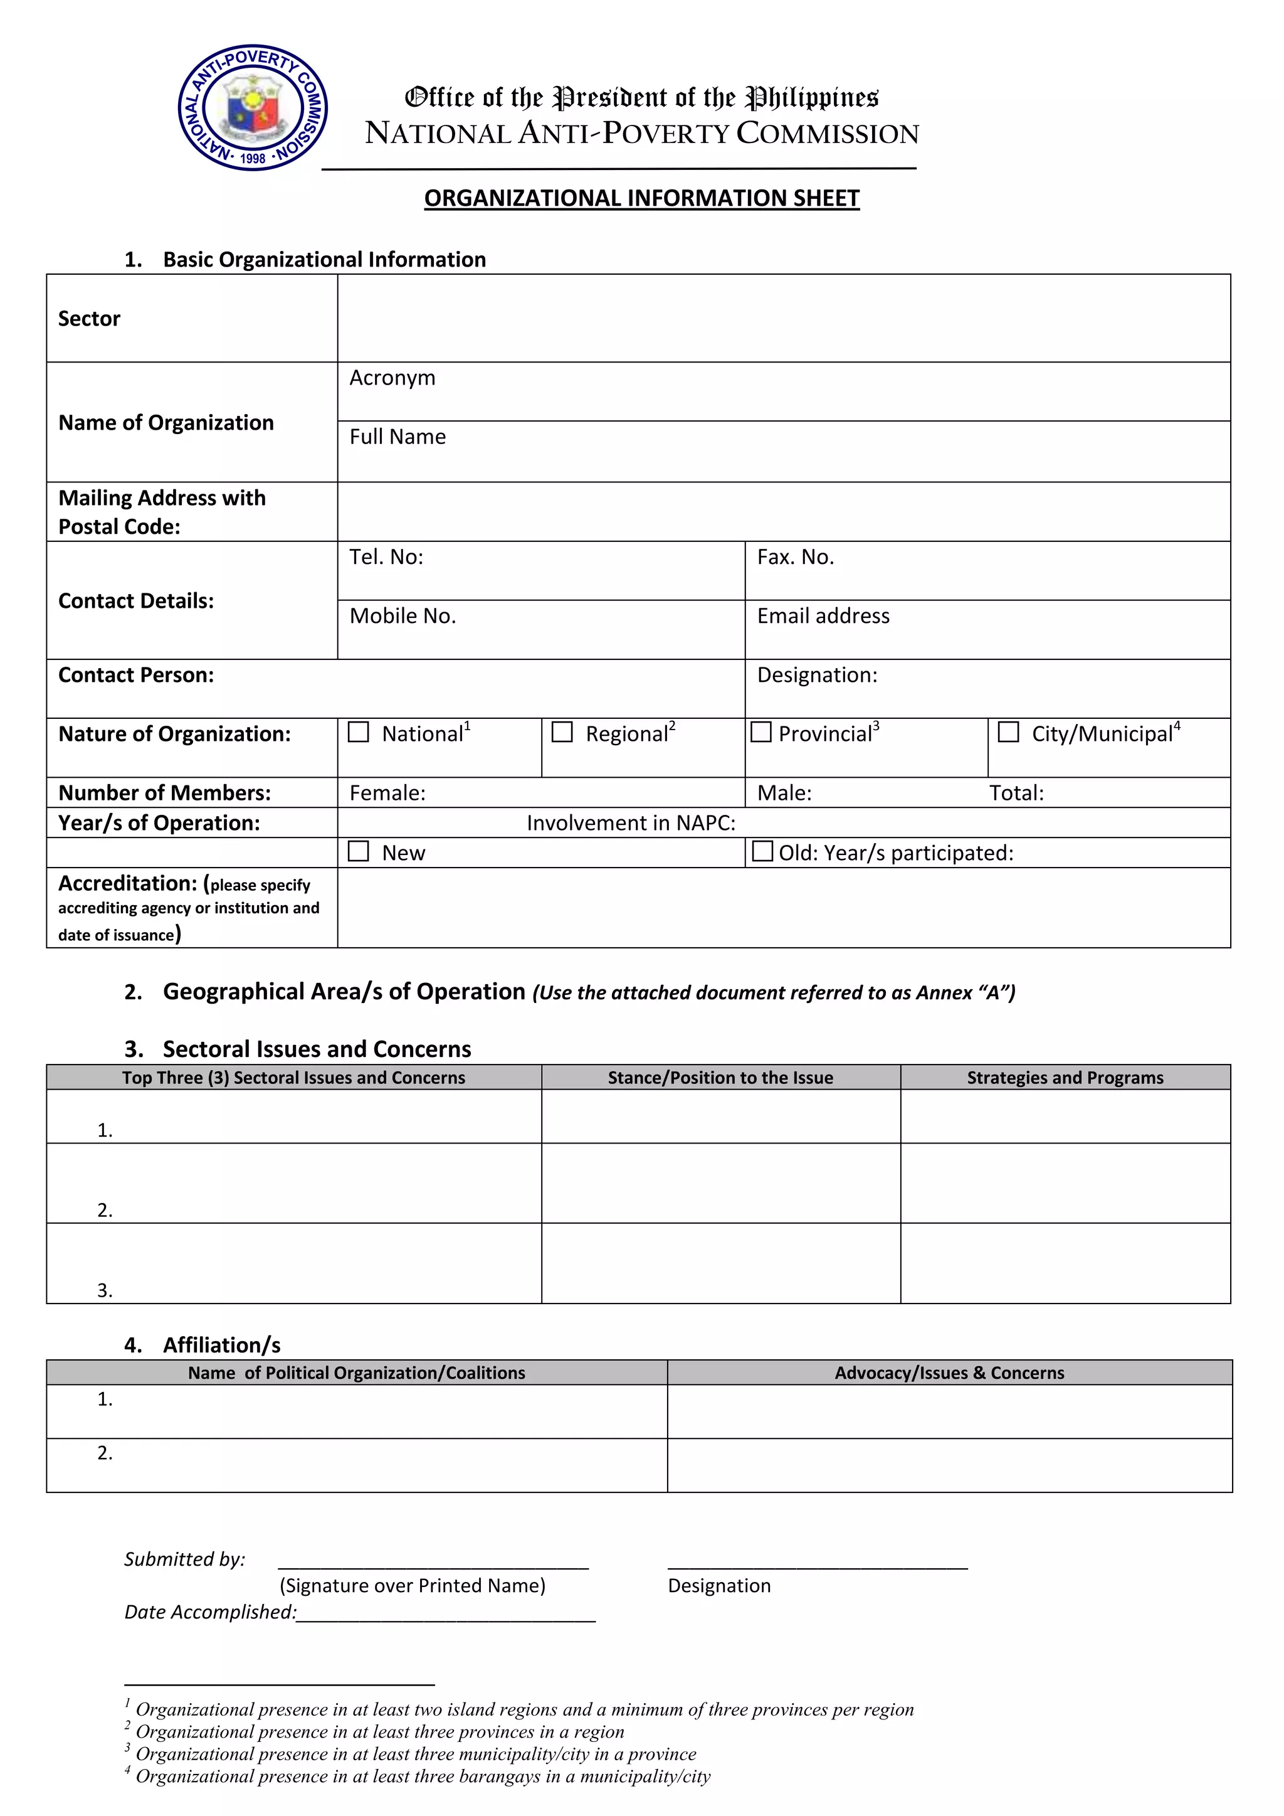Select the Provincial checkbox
point(760,733)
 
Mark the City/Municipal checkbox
point(1008,733)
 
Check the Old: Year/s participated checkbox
point(762,851)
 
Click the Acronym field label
point(392,378)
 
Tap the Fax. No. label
point(796,558)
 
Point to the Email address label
point(823,616)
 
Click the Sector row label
point(90,319)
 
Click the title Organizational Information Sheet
point(641,198)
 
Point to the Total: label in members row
point(1016,794)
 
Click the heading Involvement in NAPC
point(631,824)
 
